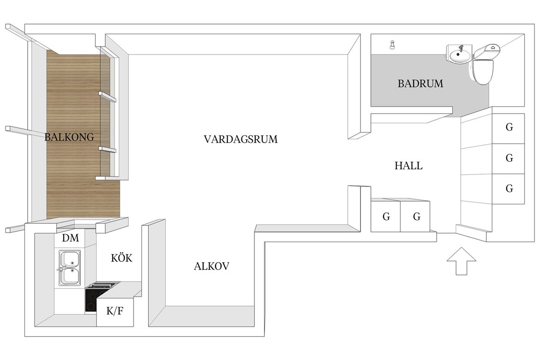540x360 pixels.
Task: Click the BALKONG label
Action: click(x=69, y=137)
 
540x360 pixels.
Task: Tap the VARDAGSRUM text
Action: click(x=240, y=139)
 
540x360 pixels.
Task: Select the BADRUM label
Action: click(x=420, y=84)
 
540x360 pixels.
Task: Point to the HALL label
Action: click(x=408, y=166)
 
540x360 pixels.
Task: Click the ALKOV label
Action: click(x=211, y=266)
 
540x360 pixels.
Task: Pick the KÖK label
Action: click(x=121, y=258)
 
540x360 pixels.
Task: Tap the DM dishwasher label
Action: click(x=71, y=238)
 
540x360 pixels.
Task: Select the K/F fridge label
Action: click(x=114, y=312)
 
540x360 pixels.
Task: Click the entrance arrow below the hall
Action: click(x=462, y=261)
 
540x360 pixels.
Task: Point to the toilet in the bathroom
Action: click(x=483, y=64)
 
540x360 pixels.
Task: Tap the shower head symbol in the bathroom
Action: click(x=392, y=44)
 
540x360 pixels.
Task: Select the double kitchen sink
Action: click(x=70, y=268)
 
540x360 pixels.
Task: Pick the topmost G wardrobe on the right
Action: click(x=510, y=127)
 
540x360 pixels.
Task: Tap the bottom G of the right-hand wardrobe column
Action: click(x=510, y=188)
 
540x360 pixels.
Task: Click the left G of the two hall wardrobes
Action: click(x=386, y=216)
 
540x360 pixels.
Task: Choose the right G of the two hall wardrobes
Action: click(x=417, y=216)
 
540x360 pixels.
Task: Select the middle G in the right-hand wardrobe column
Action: click(x=510, y=158)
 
